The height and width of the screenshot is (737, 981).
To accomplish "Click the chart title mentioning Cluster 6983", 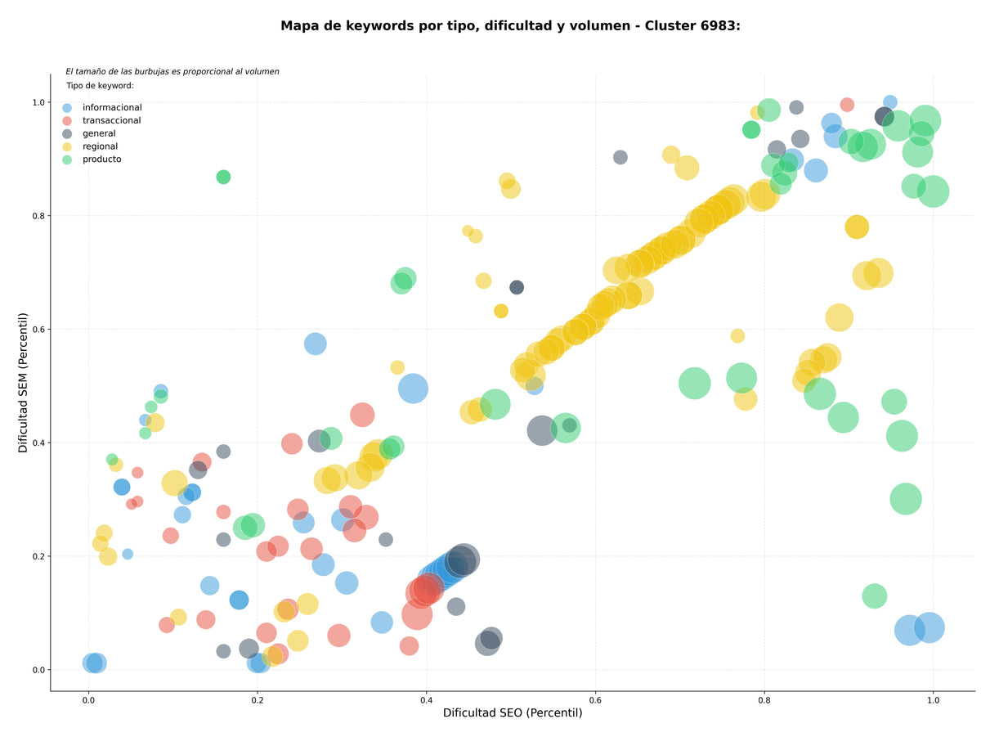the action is pos(510,26).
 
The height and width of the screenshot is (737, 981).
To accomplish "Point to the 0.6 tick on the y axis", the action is pos(39,329).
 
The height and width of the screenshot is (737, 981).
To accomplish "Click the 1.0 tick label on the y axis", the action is pos(39,102).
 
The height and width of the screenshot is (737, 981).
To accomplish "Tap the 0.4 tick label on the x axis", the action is pos(426,700).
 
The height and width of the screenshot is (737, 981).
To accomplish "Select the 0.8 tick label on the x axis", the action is pos(764,700).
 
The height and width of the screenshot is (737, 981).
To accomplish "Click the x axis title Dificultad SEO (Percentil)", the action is pos(513,712).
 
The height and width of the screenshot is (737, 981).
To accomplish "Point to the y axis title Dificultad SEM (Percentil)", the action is pos(23,383).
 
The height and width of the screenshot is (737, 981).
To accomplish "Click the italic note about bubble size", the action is pos(172,71).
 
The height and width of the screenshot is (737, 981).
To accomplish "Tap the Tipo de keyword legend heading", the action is pos(100,85).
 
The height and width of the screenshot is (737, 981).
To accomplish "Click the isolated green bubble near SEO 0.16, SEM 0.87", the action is pos(223,178).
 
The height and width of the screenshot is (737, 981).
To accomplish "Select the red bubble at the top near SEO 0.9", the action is pos(847,105).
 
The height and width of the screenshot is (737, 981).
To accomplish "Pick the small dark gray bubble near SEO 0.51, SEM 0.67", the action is pos(517,287).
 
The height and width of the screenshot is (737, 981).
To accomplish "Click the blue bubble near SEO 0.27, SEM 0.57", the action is pos(316,344).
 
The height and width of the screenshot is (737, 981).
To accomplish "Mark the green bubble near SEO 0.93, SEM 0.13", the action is pos(874,596).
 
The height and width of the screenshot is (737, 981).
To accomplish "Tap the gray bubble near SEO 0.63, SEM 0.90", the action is pos(620,157).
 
